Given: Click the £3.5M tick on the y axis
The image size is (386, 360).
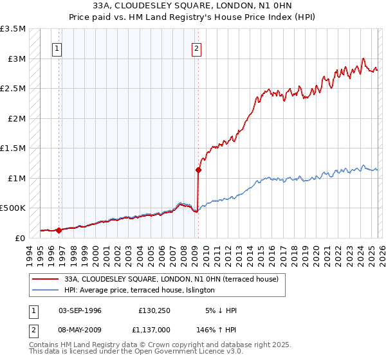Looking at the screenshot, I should click(x=13, y=29).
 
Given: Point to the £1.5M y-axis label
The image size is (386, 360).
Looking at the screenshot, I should click(x=13, y=148).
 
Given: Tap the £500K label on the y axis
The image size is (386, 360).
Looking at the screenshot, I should click(x=13, y=208).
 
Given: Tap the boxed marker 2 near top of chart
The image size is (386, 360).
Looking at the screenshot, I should click(x=196, y=47).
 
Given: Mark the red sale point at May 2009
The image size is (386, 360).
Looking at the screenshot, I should click(x=198, y=170).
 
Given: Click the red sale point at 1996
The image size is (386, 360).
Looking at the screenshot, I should click(x=59, y=230).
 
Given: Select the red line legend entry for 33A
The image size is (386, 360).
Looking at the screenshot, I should click(x=170, y=279).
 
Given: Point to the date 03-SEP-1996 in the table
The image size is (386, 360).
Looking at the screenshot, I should click(x=80, y=310).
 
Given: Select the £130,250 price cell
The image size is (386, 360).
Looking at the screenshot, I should click(x=153, y=310).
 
